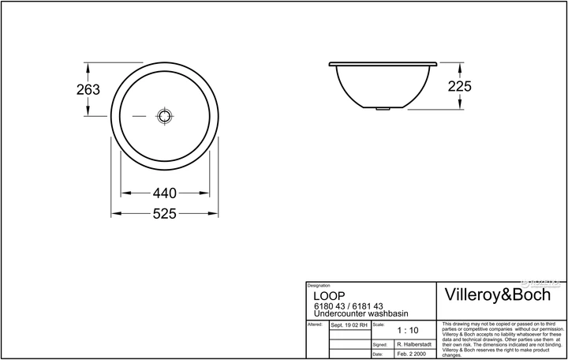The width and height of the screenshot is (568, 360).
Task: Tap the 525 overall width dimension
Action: (164, 214)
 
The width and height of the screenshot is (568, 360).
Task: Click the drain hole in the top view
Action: (164, 116)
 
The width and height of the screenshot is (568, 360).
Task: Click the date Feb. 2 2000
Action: (409, 354)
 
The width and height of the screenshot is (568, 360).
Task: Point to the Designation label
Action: (318, 286)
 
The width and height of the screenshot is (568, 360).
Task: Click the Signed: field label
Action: (380, 345)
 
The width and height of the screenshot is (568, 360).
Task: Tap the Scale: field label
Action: (378, 324)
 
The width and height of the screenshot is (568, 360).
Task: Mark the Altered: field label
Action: (314, 324)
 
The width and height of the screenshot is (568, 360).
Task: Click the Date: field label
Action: (379, 354)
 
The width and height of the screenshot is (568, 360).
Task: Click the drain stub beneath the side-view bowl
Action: (383, 108)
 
